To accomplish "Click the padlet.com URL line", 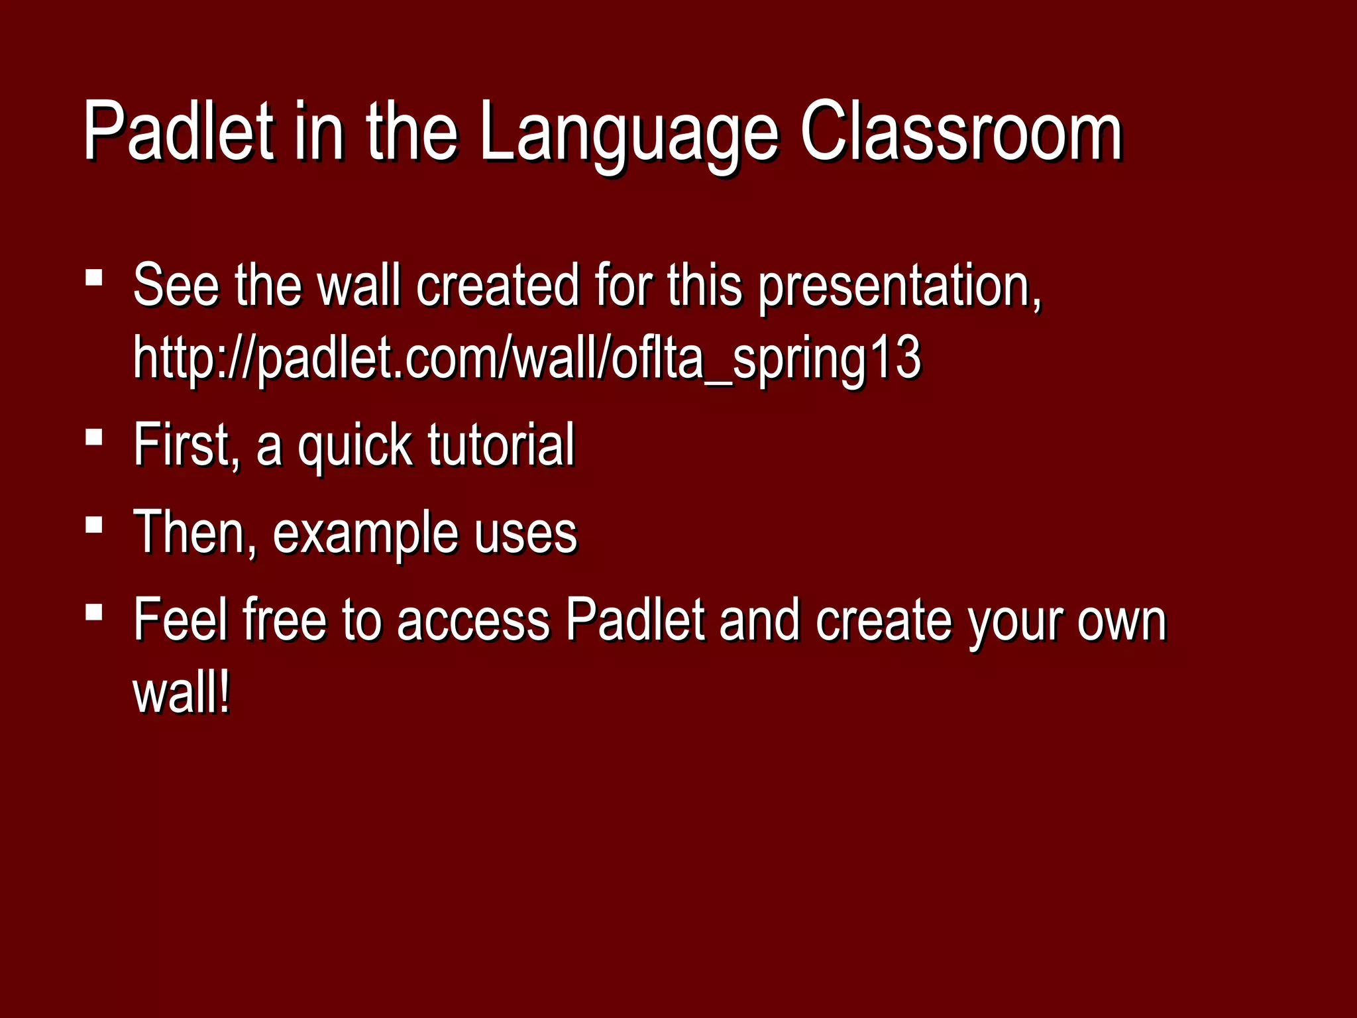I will point(527,359).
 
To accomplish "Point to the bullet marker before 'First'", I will point(94,437).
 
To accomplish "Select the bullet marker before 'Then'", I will point(94,525).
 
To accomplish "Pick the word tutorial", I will point(501,445).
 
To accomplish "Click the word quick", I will point(354,446).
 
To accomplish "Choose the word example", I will point(364,534).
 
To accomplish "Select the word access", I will point(473,622).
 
